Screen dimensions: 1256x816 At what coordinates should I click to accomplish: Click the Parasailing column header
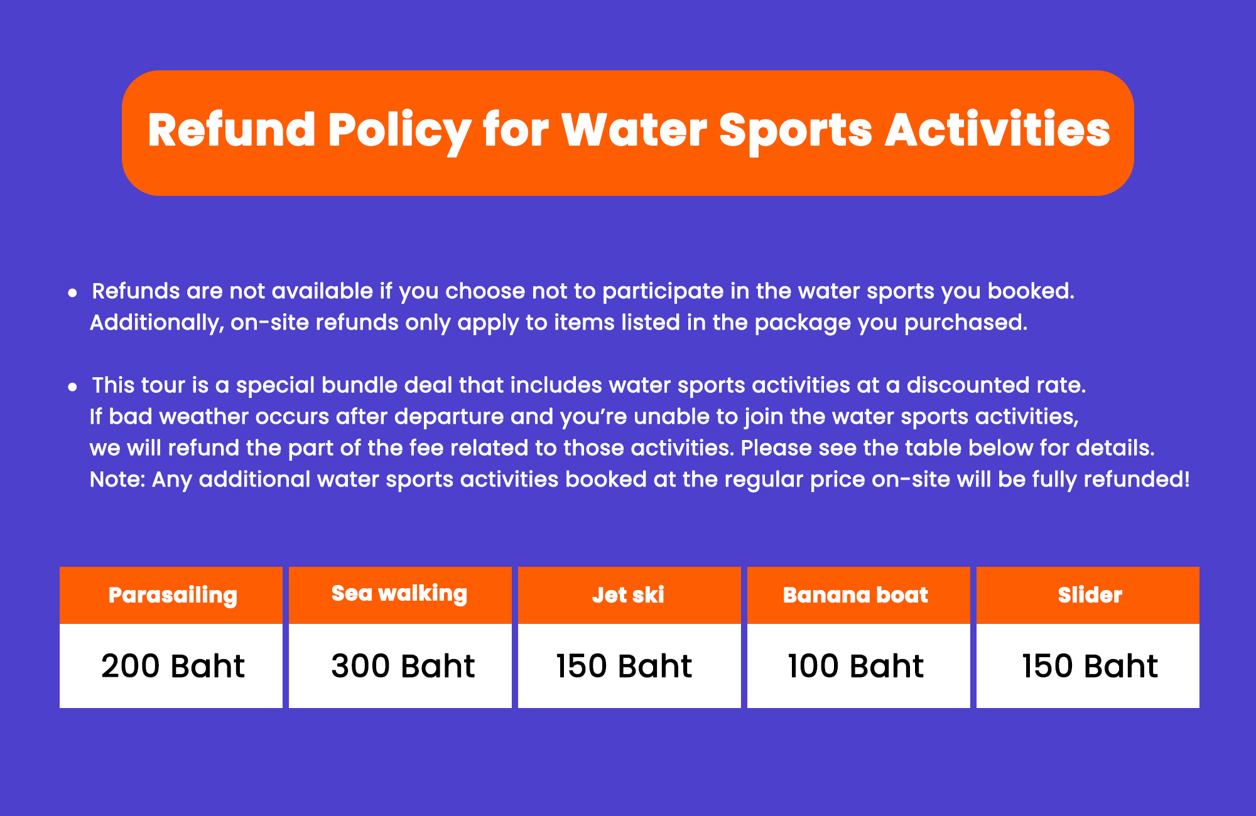[x=171, y=595]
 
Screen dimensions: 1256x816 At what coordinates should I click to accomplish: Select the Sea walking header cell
[x=400, y=595]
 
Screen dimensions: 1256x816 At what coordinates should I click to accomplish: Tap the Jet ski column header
[x=629, y=595]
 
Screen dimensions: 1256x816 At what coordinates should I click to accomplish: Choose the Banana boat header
[x=858, y=595]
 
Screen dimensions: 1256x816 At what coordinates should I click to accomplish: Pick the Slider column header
[x=1088, y=595]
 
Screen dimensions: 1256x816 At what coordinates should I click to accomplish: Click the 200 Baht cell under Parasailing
[x=171, y=666]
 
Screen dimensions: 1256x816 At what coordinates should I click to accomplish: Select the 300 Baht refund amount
[x=400, y=666]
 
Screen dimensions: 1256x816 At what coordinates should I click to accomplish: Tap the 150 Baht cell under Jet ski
[x=629, y=666]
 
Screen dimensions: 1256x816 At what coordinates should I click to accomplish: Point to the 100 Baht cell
[x=858, y=666]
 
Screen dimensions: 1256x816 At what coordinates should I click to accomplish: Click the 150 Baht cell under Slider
[x=1088, y=666]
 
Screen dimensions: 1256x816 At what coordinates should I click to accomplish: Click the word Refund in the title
[x=232, y=130]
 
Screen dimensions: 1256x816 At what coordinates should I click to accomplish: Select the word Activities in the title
[x=998, y=130]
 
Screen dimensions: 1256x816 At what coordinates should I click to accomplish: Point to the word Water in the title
[x=634, y=130]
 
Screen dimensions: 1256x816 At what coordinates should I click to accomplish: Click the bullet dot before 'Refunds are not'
[x=73, y=293]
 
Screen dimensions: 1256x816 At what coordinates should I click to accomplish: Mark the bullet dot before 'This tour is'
[x=73, y=387]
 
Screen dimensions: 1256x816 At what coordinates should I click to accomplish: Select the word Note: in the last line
[x=118, y=480]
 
